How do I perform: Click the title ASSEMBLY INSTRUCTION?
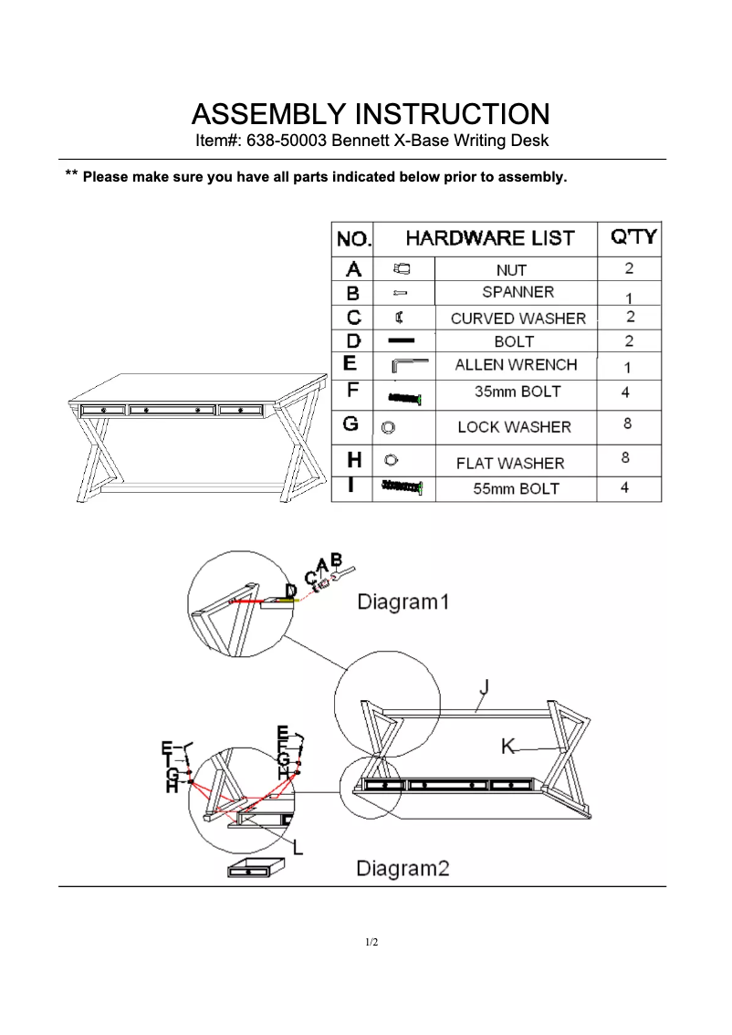tap(370, 115)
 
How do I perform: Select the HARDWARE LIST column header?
tap(489, 239)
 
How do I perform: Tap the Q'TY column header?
tap(632, 238)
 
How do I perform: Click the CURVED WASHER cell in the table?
tap(518, 319)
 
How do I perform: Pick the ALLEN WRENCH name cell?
tap(516, 365)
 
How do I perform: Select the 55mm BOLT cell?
tap(516, 488)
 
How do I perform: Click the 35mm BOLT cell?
tap(518, 392)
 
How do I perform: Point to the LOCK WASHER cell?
tap(514, 427)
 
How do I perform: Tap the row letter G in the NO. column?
tap(350, 425)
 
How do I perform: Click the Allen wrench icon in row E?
tap(409, 365)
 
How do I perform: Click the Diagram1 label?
tap(403, 602)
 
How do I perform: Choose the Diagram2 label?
tap(403, 868)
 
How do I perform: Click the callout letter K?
tap(507, 747)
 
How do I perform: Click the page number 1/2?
tap(371, 942)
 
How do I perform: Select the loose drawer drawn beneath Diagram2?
tap(255, 868)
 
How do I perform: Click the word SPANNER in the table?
tap(518, 293)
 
